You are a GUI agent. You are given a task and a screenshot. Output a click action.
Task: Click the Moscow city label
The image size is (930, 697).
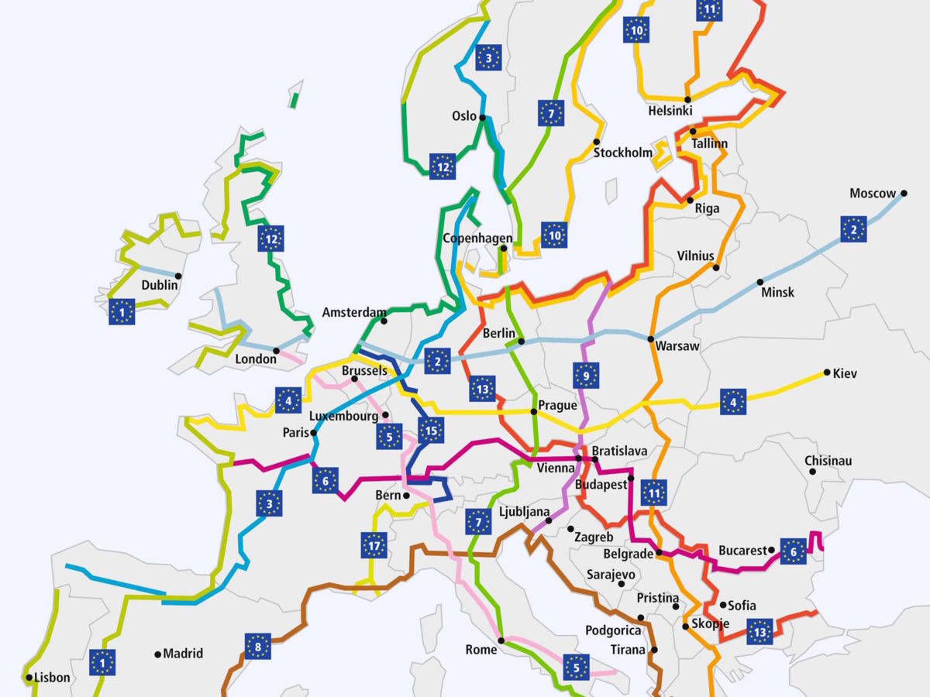[x=873, y=193]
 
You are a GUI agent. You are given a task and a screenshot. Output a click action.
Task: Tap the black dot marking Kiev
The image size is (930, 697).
[x=827, y=373]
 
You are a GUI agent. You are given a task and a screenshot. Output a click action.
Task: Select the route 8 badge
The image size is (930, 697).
[x=257, y=646]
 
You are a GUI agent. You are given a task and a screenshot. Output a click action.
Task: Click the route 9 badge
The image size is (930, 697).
[x=587, y=376]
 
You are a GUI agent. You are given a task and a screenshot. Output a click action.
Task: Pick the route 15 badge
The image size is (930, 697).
[x=430, y=429]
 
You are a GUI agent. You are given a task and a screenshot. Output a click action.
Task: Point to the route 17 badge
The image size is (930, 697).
[x=374, y=545]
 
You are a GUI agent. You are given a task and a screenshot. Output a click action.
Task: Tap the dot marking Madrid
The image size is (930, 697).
[x=158, y=654]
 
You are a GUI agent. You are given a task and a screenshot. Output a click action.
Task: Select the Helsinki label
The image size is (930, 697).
[x=670, y=112]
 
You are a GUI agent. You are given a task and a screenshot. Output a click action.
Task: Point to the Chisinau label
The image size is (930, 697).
[x=828, y=462]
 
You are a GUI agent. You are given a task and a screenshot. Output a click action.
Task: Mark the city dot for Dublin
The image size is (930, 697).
[x=178, y=276]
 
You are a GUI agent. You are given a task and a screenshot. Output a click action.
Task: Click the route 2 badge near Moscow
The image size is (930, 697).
[x=853, y=229]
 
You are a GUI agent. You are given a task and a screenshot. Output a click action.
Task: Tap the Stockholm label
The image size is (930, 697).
[x=623, y=153]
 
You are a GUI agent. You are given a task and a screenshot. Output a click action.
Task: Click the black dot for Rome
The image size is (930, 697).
[x=501, y=640]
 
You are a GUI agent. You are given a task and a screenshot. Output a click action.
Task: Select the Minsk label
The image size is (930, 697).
[x=777, y=293]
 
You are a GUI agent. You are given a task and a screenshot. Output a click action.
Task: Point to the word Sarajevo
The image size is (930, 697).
[x=611, y=575]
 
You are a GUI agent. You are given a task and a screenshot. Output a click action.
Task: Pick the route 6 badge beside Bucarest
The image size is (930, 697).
[x=793, y=551]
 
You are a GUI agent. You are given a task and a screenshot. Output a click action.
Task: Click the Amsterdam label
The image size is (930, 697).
[x=353, y=313]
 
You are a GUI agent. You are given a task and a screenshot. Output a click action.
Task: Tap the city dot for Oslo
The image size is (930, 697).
[x=482, y=118]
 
